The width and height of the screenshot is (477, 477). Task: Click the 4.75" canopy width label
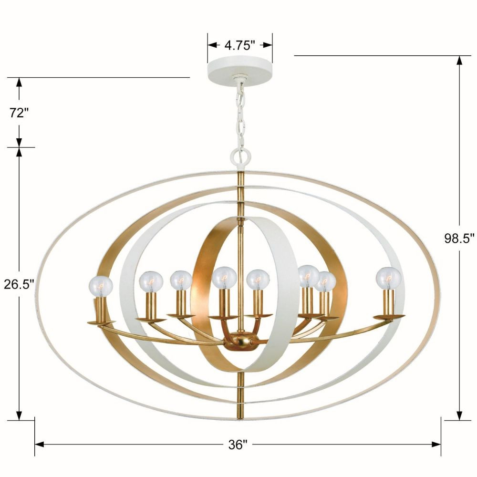239,45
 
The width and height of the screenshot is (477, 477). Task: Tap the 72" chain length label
19,113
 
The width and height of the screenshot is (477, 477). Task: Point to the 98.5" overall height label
459,238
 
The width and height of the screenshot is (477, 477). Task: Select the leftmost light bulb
101,286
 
